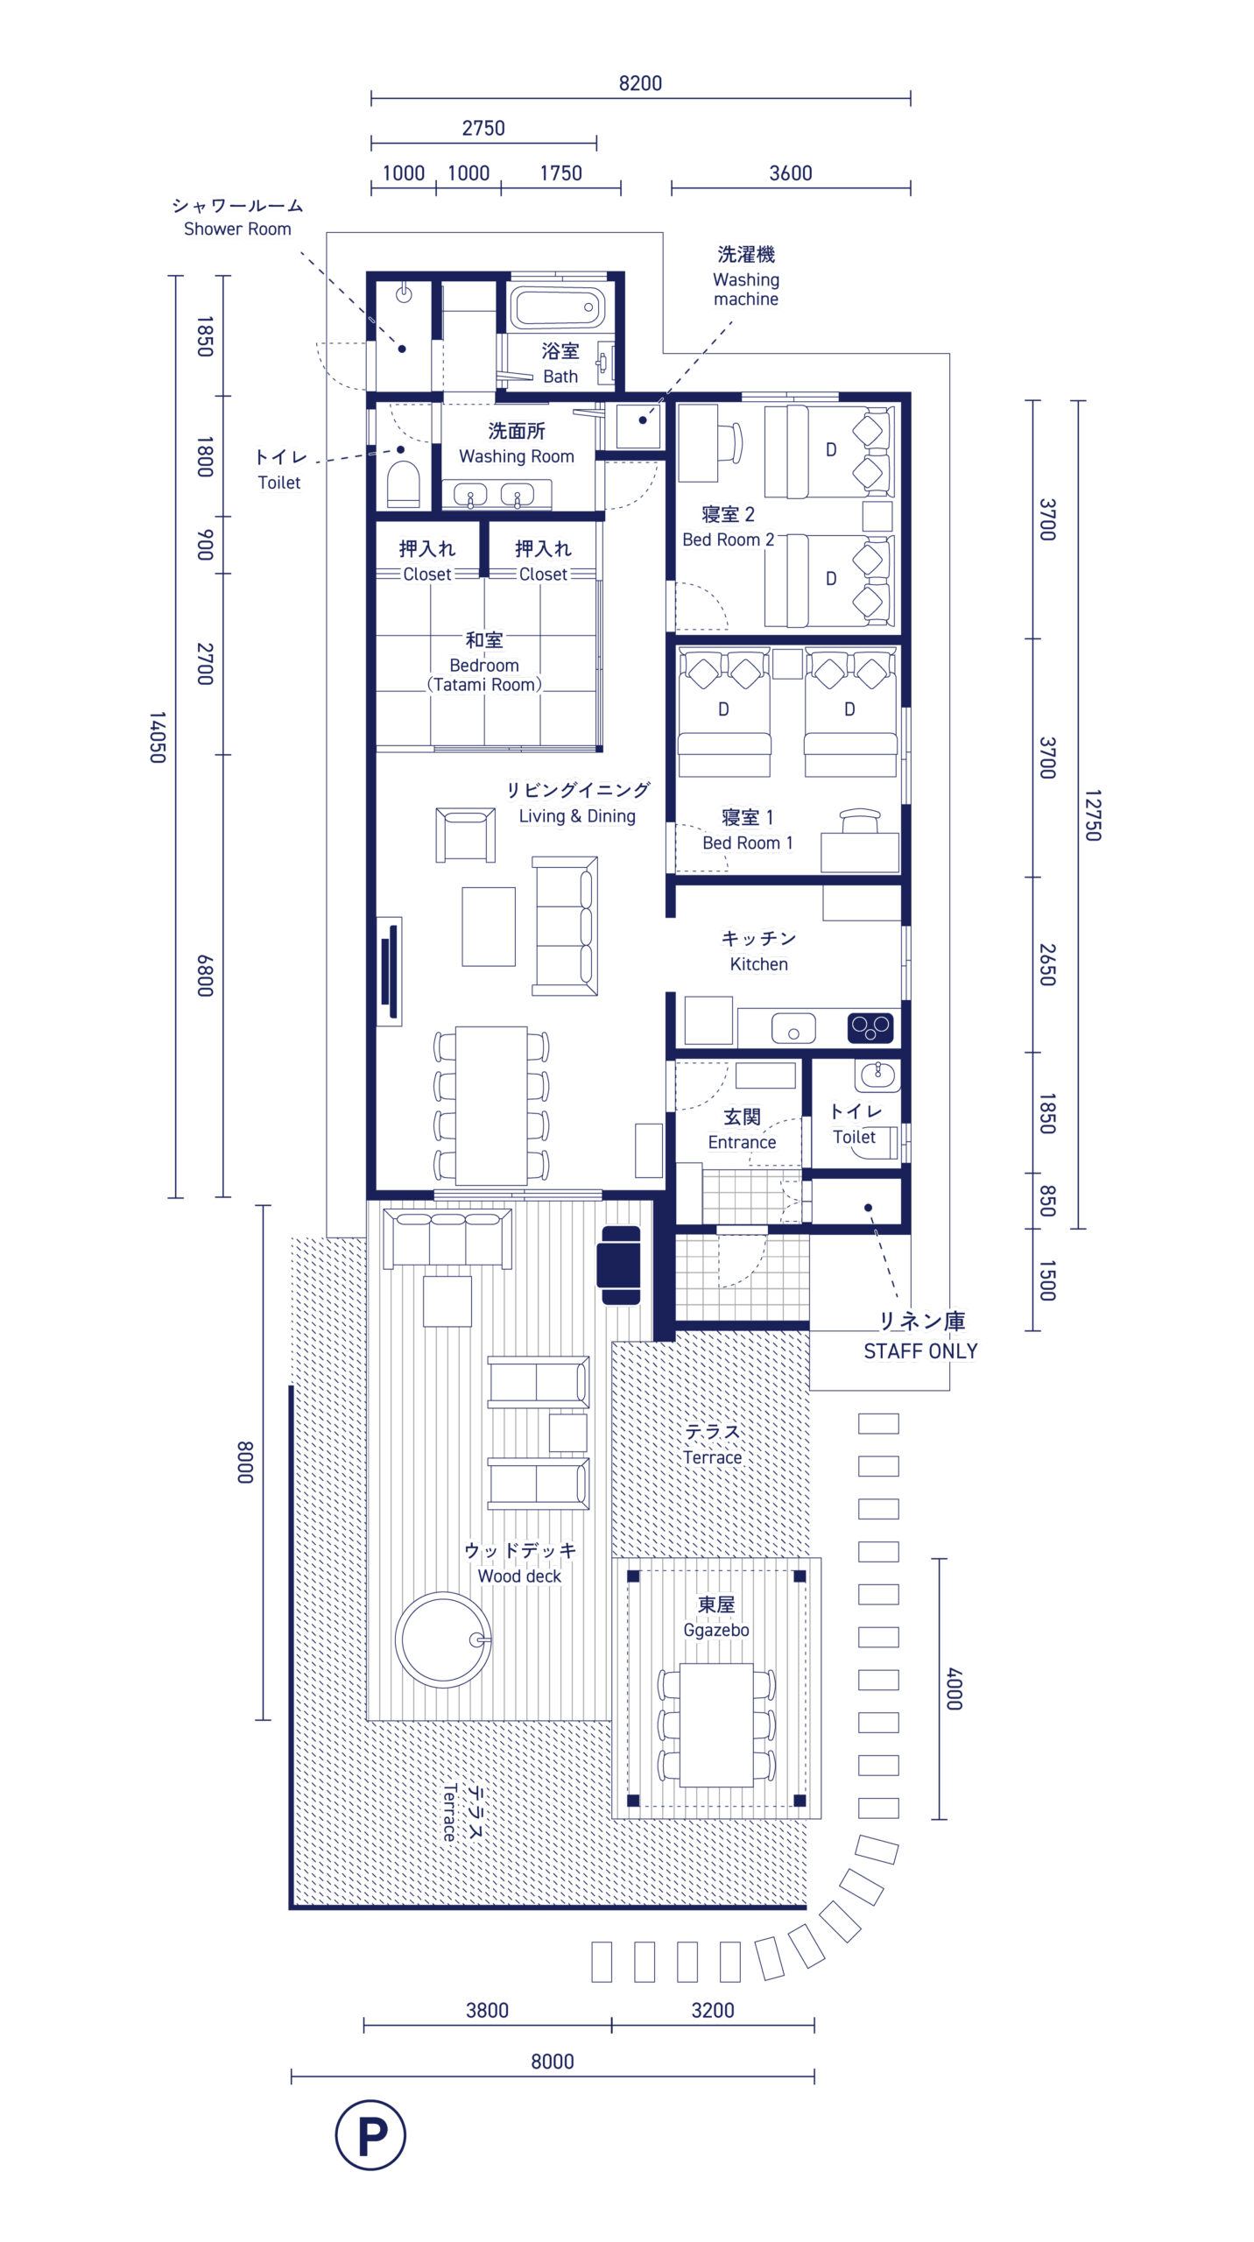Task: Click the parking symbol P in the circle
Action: tap(370, 2134)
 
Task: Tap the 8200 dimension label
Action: tap(640, 83)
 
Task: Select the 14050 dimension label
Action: tap(157, 737)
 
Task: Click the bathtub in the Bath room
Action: tap(558, 308)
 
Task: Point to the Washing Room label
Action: tap(517, 456)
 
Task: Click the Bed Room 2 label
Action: tap(728, 539)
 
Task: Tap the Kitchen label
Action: tap(758, 964)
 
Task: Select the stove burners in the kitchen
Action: tap(870, 1027)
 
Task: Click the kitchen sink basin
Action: tap(793, 1028)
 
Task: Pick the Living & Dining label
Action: tap(577, 816)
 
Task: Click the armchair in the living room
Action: tap(465, 835)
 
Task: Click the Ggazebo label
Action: tap(715, 1630)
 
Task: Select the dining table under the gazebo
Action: tap(716, 1724)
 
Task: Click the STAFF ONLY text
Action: tap(920, 1351)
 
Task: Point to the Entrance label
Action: tap(742, 1142)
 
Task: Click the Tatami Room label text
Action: tap(484, 685)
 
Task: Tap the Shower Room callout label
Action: tap(237, 229)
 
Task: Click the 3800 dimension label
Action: tap(487, 2010)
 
